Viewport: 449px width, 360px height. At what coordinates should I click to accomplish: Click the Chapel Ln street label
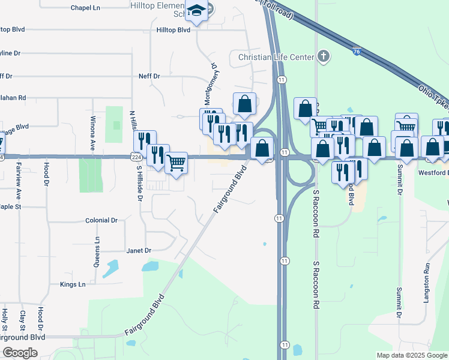tap(85, 8)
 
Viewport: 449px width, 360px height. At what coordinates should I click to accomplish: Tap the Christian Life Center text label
tap(276, 57)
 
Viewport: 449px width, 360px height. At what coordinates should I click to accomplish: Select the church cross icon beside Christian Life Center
tap(324, 57)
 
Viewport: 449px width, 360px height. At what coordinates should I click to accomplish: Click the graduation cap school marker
tap(196, 10)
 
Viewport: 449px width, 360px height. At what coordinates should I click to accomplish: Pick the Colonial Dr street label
tap(101, 220)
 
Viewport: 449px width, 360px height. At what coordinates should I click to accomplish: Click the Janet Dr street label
tap(138, 250)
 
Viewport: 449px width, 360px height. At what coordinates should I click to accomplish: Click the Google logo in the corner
tap(20, 352)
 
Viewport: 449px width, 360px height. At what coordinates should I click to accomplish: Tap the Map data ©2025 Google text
tap(411, 355)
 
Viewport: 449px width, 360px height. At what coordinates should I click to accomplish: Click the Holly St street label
tap(5, 320)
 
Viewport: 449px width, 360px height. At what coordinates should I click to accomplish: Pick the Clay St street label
tap(22, 320)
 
